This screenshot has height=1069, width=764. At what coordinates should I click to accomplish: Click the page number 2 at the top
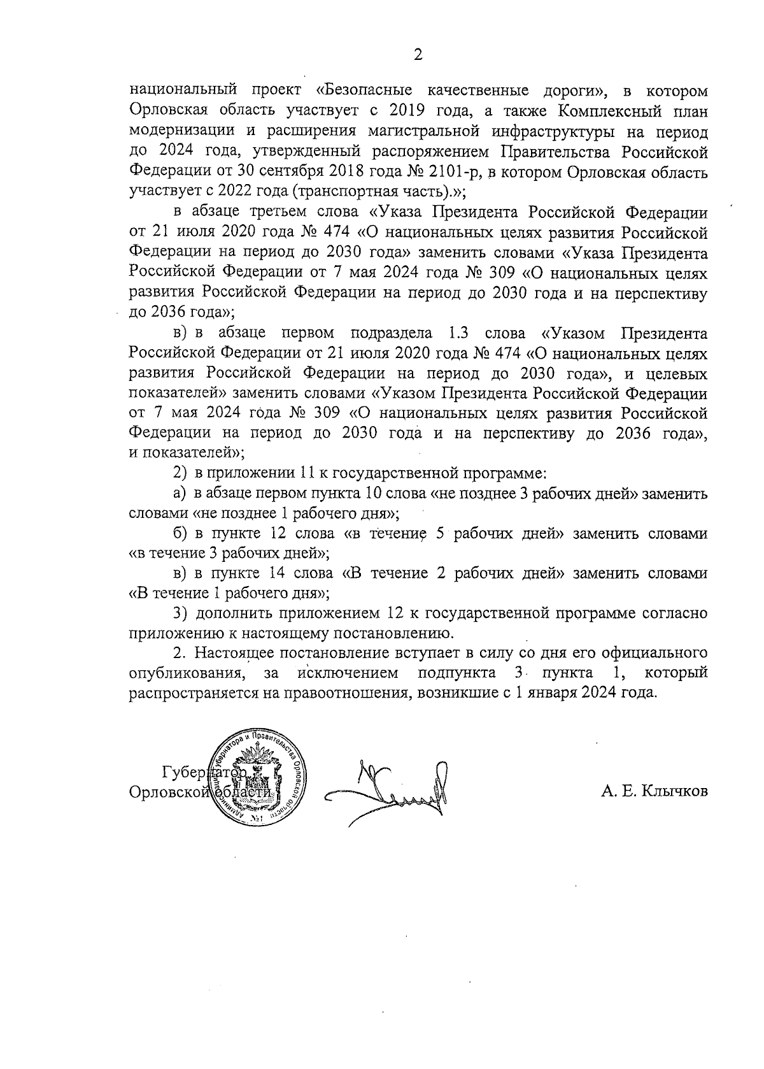coord(418,55)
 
